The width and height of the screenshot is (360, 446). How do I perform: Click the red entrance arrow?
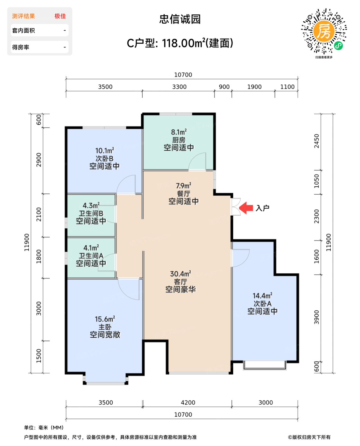[246, 208]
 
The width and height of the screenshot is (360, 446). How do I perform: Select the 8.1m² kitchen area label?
[179, 132]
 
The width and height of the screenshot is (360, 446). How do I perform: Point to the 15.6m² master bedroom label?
[105, 319]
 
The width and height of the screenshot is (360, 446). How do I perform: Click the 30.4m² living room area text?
[180, 274]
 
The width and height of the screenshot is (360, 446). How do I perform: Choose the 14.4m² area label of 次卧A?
[262, 296]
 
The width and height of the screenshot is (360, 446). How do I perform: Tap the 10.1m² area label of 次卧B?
[105, 151]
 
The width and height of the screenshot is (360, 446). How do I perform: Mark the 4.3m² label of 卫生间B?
[91, 205]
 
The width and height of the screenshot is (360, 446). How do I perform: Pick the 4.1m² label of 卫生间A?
[91, 248]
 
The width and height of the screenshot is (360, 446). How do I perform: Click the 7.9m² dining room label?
[183, 186]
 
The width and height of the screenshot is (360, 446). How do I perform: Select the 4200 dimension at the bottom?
[188, 402]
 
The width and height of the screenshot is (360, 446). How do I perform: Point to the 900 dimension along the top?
[224, 87]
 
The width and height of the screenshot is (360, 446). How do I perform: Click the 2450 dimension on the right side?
[316, 141]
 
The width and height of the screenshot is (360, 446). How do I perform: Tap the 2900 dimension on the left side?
[39, 160]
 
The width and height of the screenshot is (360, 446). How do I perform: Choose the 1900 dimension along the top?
[254, 87]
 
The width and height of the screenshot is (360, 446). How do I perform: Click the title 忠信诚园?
[180, 19]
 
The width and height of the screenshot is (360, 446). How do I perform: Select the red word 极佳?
[60, 16]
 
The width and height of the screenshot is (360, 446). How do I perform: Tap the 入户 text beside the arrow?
[262, 208]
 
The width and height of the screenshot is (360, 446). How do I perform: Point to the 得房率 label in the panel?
[21, 47]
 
